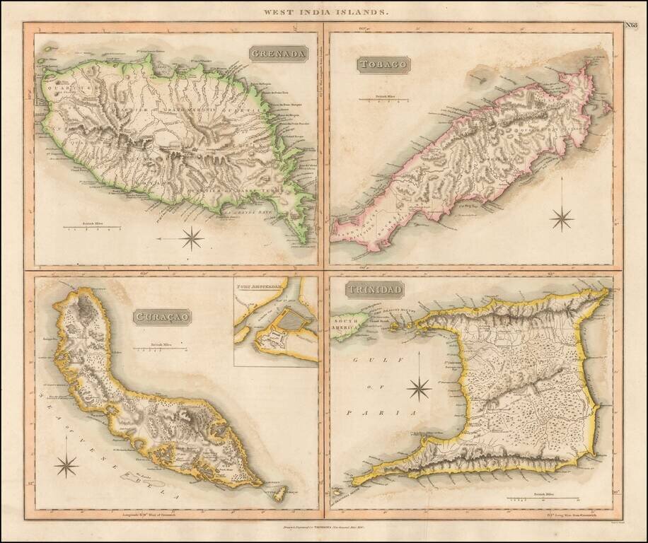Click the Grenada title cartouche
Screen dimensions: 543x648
click(278, 54)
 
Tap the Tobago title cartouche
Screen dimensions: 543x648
click(383, 65)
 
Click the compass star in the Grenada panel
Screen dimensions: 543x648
click(192, 238)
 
